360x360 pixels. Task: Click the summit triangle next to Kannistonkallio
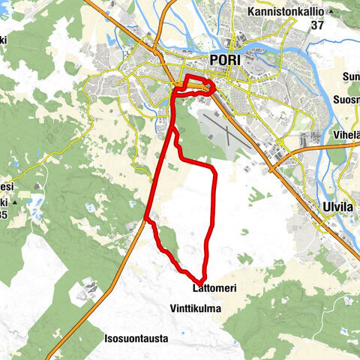[x=331, y=13]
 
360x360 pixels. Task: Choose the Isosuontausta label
[x=136, y=338]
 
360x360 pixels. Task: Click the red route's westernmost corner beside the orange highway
[x=145, y=220]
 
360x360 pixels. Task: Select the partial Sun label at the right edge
[x=351, y=76]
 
